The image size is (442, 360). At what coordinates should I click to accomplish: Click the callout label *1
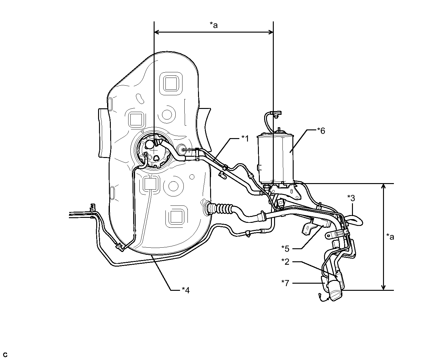245,138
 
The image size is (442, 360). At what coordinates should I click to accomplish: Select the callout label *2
285,262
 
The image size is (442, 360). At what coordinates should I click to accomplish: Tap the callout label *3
351,198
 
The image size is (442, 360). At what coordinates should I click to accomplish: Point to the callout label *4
186,290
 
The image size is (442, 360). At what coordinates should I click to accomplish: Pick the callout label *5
285,249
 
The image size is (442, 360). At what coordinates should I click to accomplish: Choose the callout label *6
321,131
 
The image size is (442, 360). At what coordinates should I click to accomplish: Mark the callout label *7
285,283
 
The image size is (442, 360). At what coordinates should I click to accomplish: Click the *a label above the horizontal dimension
214,25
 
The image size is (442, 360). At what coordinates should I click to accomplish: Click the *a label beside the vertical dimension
390,237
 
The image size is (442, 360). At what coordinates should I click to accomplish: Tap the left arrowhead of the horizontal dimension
156,32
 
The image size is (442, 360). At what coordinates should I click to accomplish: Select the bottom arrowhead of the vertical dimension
383,287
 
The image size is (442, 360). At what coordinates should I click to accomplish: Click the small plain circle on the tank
192,177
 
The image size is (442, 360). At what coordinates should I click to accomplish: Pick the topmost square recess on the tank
171,83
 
